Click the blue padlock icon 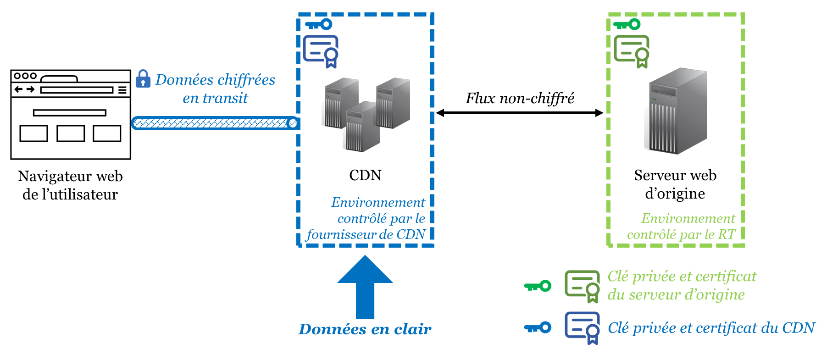pyautogui.click(x=143, y=79)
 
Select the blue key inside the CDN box pyautogui.click(x=318, y=24)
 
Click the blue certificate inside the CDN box pyautogui.click(x=321, y=51)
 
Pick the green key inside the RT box pyautogui.click(x=627, y=24)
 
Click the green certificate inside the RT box pyautogui.click(x=632, y=51)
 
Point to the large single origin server pyautogui.click(x=677, y=111)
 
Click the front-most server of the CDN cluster pyautogui.click(x=362, y=127)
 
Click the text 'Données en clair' pyautogui.click(x=365, y=329)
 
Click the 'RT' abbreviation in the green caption pyautogui.click(x=727, y=235)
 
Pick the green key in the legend pyautogui.click(x=538, y=286)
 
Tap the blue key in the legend pyautogui.click(x=538, y=327)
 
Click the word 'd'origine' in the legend pyautogui.click(x=722, y=295)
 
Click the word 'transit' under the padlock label pyautogui.click(x=225, y=98)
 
